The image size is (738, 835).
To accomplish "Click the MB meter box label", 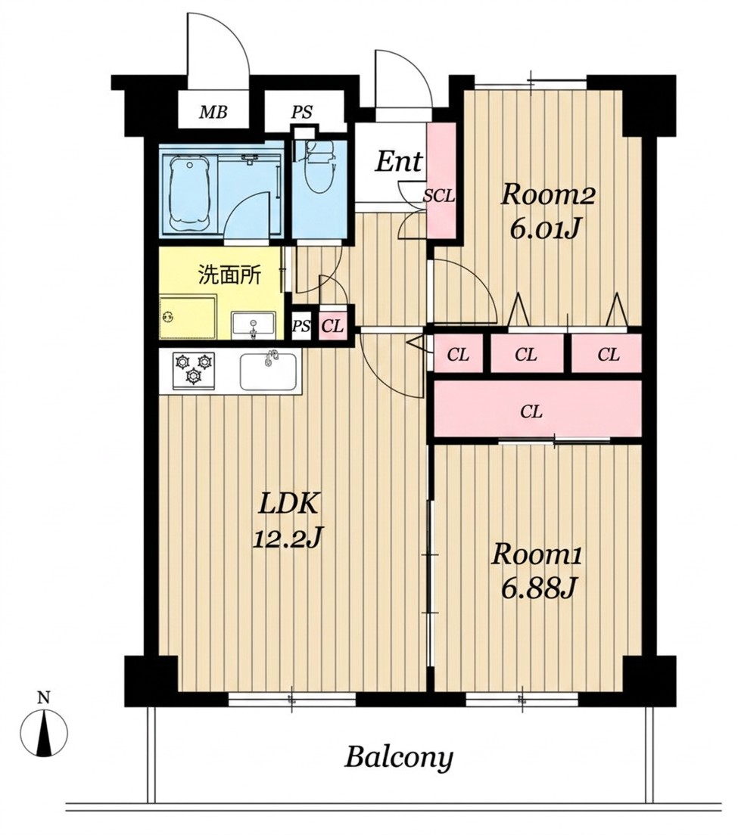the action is pyautogui.click(x=213, y=113).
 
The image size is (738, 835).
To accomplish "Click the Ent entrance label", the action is pyautogui.click(x=399, y=161).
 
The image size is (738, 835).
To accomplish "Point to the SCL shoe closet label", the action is pyautogui.click(x=439, y=197).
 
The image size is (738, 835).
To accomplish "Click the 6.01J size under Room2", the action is pyautogui.click(x=544, y=229).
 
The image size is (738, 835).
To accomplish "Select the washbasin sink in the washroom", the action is pyautogui.click(x=253, y=325).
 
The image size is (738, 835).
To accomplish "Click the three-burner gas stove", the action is pyautogui.click(x=194, y=368).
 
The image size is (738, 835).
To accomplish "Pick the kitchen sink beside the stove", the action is pyautogui.click(x=268, y=371).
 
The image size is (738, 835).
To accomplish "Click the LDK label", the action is pyautogui.click(x=289, y=504).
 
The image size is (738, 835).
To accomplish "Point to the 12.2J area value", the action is pyautogui.click(x=288, y=539).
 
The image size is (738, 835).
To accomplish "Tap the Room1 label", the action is pyautogui.click(x=537, y=554).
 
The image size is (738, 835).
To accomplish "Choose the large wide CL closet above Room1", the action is pyautogui.click(x=537, y=409).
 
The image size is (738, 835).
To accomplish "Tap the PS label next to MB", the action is pyautogui.click(x=301, y=113).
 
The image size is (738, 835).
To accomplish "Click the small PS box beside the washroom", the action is pyautogui.click(x=301, y=325).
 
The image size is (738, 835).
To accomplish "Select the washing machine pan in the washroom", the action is pyautogui.click(x=188, y=318).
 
